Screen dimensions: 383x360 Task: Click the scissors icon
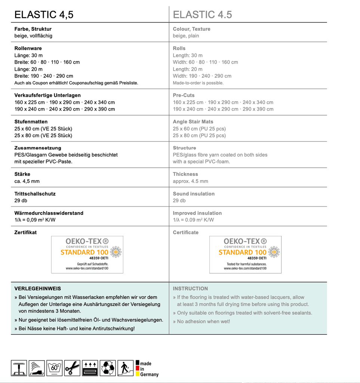click(72, 368)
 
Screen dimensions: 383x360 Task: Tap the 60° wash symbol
click(55, 368)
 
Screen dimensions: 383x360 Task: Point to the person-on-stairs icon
click(126, 368)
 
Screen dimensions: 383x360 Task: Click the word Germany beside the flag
click(149, 374)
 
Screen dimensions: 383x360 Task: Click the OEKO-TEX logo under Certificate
click(245, 254)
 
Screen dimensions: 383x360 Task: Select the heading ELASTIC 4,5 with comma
click(44, 15)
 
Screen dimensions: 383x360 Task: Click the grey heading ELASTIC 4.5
click(202, 15)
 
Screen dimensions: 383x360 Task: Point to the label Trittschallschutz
click(35, 194)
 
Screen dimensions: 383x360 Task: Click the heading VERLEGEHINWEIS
click(37, 288)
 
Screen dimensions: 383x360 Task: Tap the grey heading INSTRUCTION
click(190, 288)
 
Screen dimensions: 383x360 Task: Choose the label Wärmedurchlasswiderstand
click(49, 213)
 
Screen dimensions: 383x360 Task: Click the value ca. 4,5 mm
click(27, 181)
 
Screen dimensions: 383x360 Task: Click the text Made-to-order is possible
click(198, 83)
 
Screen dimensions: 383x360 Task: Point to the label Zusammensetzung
click(37, 148)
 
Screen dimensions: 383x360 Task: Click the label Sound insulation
click(194, 194)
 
